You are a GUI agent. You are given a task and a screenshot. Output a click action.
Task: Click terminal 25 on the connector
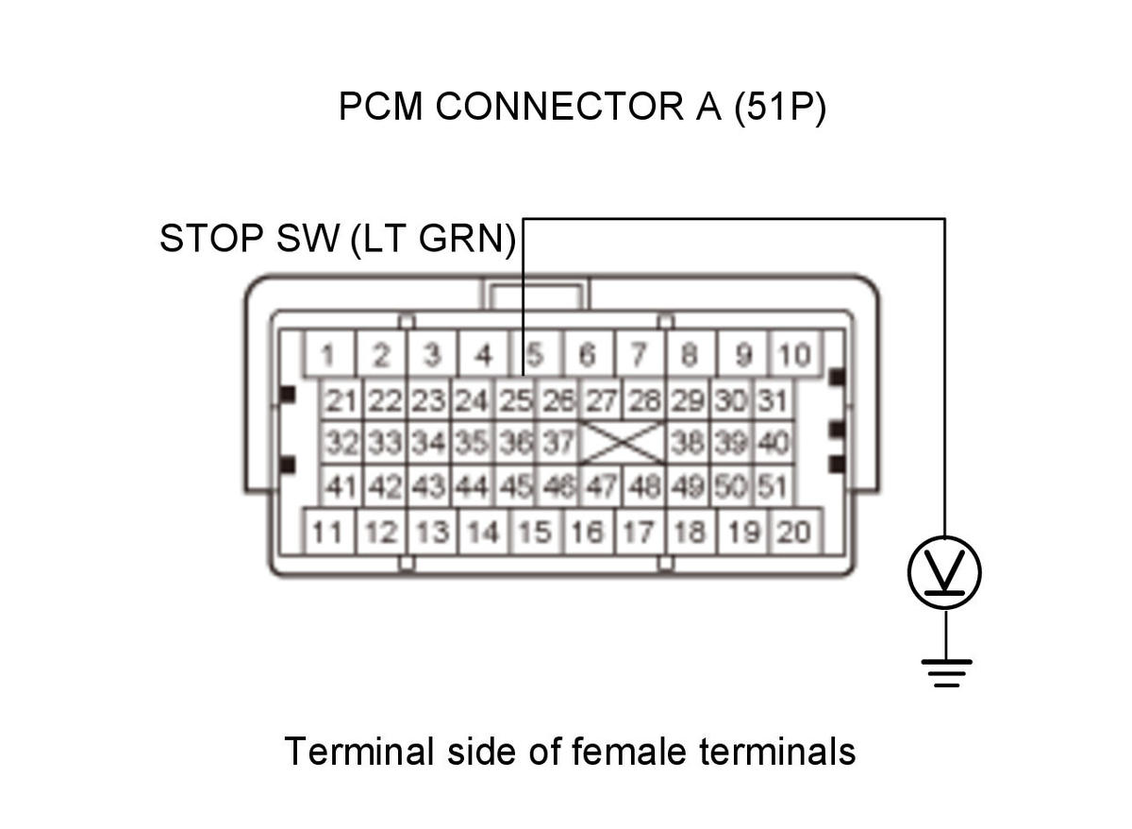515,400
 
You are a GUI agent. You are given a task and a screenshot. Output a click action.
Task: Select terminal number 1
329,353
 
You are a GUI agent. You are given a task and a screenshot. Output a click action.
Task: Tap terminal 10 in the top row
794,353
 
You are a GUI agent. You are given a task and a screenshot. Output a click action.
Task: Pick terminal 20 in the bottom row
794,532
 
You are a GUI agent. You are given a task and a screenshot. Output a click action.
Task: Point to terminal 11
329,532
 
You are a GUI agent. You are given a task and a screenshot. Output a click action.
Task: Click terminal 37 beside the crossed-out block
558,443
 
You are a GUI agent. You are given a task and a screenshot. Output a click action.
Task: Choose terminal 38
688,443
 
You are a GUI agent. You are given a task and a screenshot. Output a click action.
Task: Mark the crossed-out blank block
623,443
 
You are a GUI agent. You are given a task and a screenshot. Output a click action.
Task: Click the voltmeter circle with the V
944,572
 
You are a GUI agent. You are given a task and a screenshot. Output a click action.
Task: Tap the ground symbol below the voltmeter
946,673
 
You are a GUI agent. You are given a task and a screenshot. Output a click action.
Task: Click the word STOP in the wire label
211,238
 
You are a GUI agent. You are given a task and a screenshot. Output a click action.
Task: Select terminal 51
774,485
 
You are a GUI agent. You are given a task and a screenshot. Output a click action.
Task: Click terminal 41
341,485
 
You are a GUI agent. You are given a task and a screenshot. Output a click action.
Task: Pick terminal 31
774,400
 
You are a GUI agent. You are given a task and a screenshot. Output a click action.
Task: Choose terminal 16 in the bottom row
588,532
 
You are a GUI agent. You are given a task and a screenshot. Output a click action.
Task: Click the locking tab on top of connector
536,294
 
